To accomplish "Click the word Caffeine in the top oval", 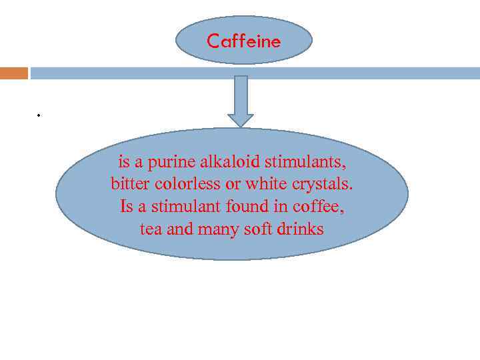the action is point(243,41).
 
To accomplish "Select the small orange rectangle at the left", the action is point(14,73).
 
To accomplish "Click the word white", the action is point(265,184).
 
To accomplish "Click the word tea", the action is point(151,229).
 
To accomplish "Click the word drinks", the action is point(300,229).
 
